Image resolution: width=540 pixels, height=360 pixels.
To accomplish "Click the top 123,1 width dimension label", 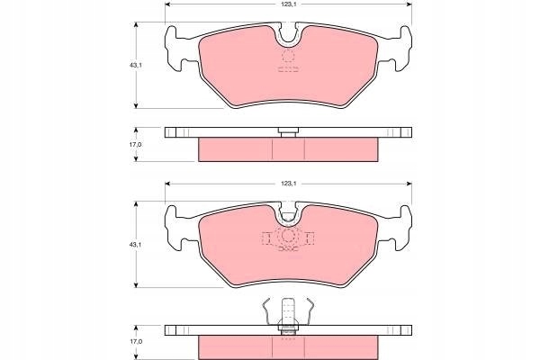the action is coord(289,4).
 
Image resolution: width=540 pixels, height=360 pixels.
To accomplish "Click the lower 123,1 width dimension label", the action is coord(289,184).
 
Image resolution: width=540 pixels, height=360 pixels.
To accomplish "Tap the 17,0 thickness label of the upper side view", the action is coord(135,145).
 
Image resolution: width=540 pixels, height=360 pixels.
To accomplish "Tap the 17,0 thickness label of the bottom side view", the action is coord(135,341).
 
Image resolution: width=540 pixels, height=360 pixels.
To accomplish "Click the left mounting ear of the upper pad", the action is coord(175,49).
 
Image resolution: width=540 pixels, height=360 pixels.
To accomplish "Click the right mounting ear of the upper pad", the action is coord(402,49).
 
